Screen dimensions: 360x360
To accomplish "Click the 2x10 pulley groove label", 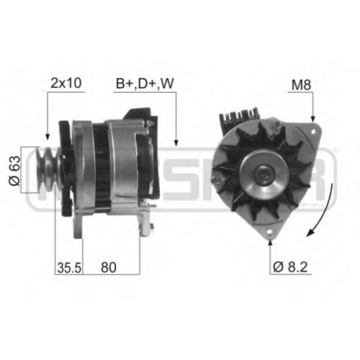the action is [x=66, y=83].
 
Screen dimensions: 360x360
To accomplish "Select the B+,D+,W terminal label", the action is [x=145, y=84].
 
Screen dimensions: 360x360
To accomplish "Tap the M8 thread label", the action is [x=301, y=85].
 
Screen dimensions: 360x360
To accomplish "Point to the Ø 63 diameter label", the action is [x=15, y=171].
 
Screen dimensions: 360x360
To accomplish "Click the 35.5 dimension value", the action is [x=69, y=268].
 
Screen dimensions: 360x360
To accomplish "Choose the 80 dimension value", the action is [x=109, y=267].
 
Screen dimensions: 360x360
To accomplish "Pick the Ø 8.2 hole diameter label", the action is [x=290, y=267].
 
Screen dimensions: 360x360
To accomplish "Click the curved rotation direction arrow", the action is [x=325, y=211].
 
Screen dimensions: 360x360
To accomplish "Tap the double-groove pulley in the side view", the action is [x=48, y=170].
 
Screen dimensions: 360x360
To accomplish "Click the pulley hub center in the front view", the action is [x=264, y=174].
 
